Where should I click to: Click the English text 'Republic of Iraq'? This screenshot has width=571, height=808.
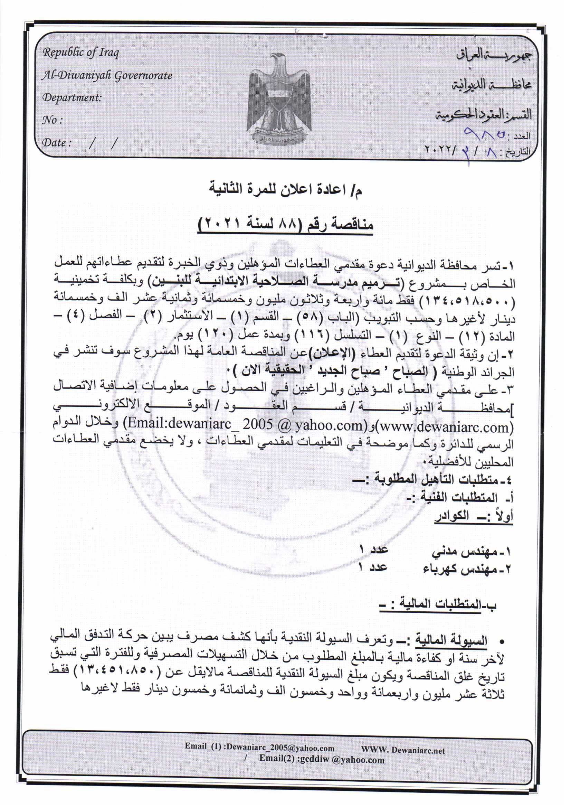[x=80, y=53]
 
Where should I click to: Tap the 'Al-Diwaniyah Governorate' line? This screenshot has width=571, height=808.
[x=107, y=75]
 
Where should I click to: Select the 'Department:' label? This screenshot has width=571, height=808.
[x=72, y=97]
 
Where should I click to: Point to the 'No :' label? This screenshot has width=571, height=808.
[x=52, y=120]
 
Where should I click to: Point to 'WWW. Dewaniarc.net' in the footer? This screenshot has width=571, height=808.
[x=403, y=750]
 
